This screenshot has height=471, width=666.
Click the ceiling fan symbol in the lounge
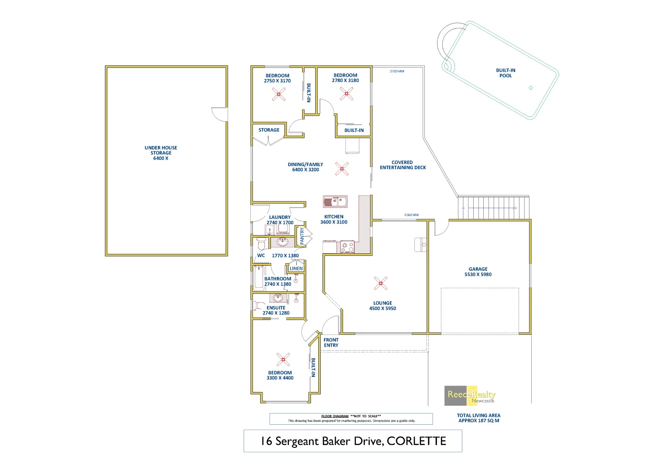[381, 283]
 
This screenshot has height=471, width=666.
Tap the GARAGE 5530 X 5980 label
[478, 272]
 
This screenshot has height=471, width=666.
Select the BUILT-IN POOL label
[505, 73]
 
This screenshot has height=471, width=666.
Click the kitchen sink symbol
[335, 201]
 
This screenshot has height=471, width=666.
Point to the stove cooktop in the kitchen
[348, 247]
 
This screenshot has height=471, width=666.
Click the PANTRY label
[302, 236]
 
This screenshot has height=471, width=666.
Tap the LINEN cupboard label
[296, 269]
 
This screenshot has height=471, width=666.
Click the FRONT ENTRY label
[331, 342]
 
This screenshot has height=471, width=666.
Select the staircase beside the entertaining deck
[493, 208]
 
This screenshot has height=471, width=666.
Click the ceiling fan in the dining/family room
[342, 169]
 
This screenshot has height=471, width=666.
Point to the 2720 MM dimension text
[397, 71]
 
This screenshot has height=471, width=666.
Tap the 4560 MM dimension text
[411, 215]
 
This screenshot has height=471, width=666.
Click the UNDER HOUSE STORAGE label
[161, 153]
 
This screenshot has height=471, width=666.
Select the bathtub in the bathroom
[259, 278]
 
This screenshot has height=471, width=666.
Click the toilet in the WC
[261, 243]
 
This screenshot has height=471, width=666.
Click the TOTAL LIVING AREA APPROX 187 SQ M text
[478, 418]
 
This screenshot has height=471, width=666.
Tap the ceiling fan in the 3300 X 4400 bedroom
[283, 359]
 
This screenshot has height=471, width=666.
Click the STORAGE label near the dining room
[269, 130]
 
